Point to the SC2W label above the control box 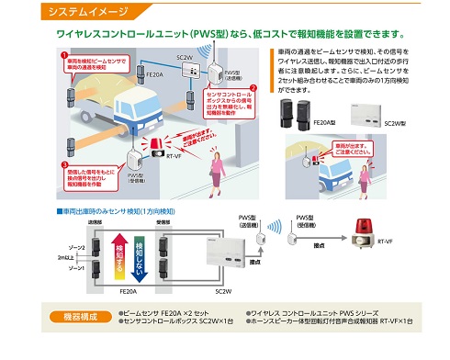pyautogui.click(x=185, y=57)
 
